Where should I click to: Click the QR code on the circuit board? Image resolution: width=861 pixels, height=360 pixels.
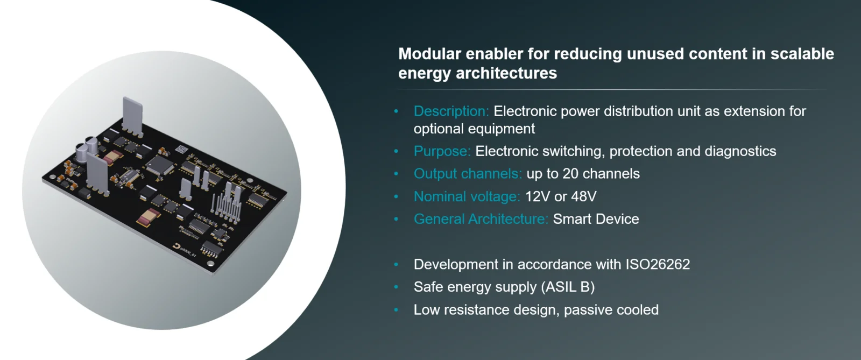182,150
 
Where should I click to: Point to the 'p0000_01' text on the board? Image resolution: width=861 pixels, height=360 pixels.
188,252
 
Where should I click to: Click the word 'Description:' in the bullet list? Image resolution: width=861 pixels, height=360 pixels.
451,111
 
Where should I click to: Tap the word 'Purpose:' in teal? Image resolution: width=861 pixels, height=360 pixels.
442,151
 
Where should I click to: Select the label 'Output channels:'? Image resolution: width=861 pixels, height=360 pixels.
468,174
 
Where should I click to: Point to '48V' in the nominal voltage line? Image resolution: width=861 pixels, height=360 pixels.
584,196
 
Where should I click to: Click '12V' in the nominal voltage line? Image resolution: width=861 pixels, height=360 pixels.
538,196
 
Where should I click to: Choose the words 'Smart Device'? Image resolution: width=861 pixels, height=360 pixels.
596,219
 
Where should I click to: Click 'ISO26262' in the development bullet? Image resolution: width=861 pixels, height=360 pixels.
658,264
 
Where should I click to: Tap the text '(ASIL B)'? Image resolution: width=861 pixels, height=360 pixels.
568,287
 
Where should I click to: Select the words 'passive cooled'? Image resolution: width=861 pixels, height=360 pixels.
611,309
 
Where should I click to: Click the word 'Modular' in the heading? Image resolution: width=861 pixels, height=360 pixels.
429,54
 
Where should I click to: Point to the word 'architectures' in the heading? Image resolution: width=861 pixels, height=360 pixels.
506,73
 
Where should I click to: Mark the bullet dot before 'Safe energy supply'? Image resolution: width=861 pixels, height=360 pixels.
396,287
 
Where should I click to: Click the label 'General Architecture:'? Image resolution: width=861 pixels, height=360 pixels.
481,219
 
